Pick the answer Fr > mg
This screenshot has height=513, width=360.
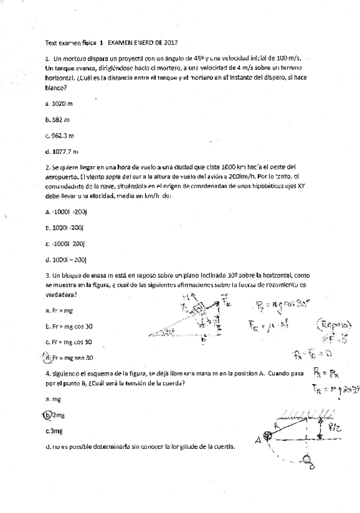click(x=58, y=310)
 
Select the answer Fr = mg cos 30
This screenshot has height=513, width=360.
click(x=70, y=342)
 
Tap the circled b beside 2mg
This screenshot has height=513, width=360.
click(x=46, y=415)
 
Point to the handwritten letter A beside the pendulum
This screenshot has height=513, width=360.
click(x=257, y=440)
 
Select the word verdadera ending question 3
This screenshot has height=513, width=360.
click(x=61, y=294)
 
